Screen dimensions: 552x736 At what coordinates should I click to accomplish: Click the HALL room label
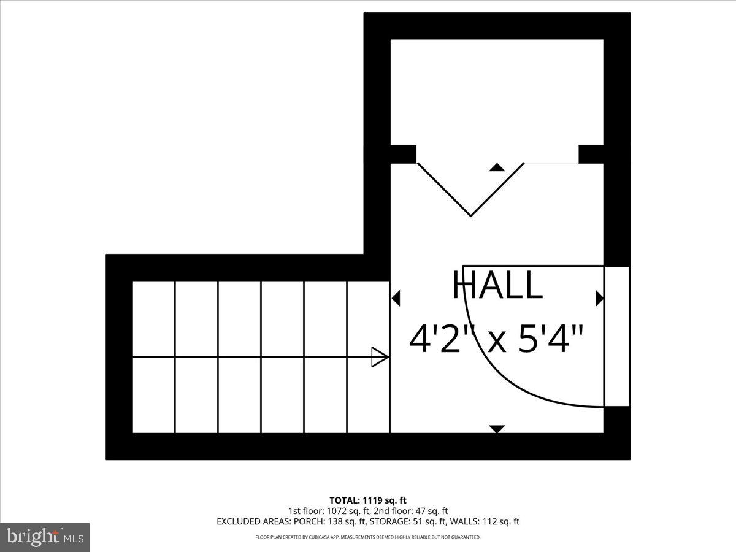pyautogui.click(x=497, y=285)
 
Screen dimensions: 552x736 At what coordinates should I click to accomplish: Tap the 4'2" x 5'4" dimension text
pyautogui.click(x=496, y=339)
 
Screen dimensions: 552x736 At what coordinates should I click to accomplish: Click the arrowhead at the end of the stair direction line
pyautogui.click(x=380, y=357)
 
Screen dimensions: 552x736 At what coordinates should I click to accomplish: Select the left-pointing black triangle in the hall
pyautogui.click(x=396, y=299)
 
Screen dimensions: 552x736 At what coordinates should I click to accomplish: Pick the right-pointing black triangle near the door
pyautogui.click(x=599, y=299)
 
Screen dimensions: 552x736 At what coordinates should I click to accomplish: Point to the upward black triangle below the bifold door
pyautogui.click(x=497, y=167)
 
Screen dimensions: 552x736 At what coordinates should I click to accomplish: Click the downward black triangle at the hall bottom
pyautogui.click(x=497, y=429)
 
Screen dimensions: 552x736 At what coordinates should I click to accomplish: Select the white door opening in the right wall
pyautogui.click(x=617, y=336)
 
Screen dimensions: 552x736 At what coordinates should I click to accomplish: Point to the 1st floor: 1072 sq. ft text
pyautogui.click(x=324, y=510)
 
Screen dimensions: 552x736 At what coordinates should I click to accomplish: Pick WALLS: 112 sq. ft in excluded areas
pyautogui.click(x=485, y=522)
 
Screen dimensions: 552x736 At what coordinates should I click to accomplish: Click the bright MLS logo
pyautogui.click(x=44, y=537)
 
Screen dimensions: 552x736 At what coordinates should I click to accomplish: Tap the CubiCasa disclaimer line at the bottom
pyautogui.click(x=367, y=537)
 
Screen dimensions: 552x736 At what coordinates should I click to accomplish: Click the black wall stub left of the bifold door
pyautogui.click(x=403, y=154)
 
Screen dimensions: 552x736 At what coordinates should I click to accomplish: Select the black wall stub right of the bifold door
pyautogui.click(x=591, y=154)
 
